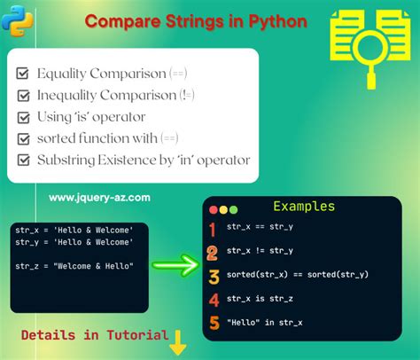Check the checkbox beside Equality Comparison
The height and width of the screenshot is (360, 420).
pyautogui.click(x=24, y=73)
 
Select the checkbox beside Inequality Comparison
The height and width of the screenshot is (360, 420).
pyautogui.click(x=24, y=94)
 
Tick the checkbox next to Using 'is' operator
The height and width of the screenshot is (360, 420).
pyautogui.click(x=24, y=116)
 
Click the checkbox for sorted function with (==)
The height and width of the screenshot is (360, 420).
pyautogui.click(x=24, y=138)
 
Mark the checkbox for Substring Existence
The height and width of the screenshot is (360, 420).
pyautogui.click(x=24, y=160)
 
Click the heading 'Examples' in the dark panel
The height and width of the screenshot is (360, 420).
pyautogui.click(x=303, y=207)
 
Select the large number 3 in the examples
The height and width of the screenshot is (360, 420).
pyautogui.click(x=213, y=276)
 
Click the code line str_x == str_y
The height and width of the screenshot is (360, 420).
pyautogui.click(x=261, y=228)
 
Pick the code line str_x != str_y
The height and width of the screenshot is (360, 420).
pyautogui.click(x=261, y=251)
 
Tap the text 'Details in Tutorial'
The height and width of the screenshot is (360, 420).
pyautogui.click(x=95, y=335)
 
